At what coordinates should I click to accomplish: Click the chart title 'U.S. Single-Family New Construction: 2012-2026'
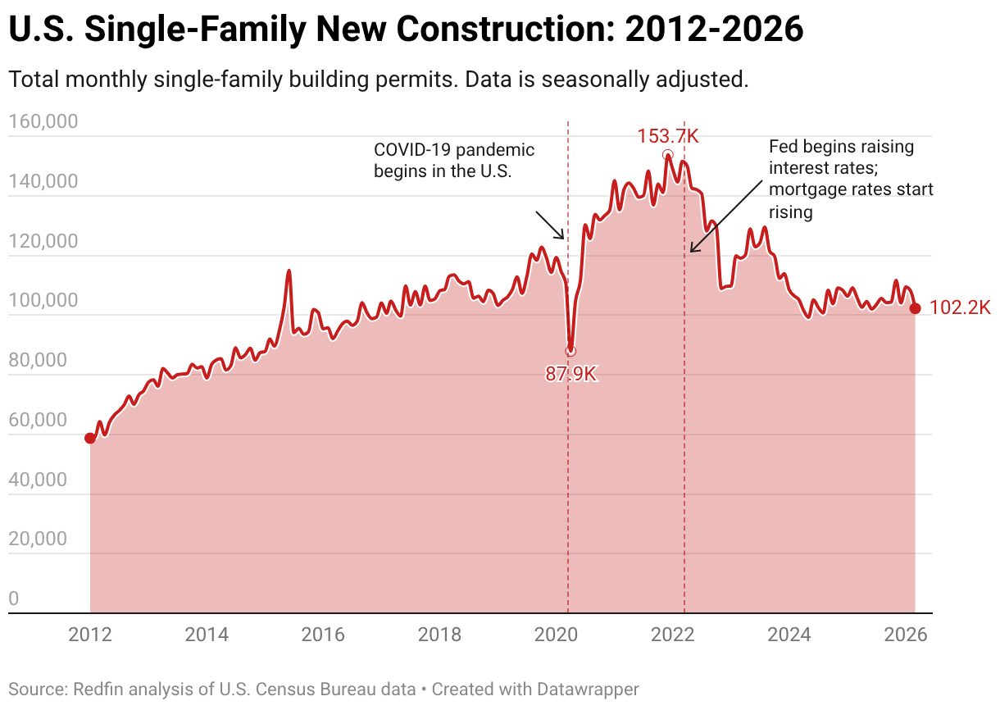[x=406, y=30]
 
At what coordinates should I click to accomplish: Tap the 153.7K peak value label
[x=668, y=136]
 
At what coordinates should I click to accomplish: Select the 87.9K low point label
[x=571, y=375]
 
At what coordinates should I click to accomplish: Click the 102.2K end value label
[x=960, y=308]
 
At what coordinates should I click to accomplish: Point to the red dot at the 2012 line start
[x=90, y=439]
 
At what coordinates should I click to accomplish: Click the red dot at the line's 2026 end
[x=916, y=308]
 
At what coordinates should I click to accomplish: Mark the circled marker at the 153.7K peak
[x=668, y=155]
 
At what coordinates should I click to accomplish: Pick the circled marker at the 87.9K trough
[x=570, y=351]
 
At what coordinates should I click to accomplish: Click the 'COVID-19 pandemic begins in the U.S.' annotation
[x=454, y=161]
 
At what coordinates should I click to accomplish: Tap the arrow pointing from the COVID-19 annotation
[x=550, y=225]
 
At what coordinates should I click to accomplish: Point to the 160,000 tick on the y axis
[x=43, y=122]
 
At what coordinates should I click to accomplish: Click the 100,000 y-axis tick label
[x=43, y=301]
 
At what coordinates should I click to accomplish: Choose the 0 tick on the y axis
[x=13, y=599]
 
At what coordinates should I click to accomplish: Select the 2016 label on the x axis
[x=323, y=635]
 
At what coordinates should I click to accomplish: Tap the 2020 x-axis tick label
[x=557, y=635]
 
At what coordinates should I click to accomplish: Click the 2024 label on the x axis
[x=791, y=635]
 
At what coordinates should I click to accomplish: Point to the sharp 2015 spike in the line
[x=289, y=271]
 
